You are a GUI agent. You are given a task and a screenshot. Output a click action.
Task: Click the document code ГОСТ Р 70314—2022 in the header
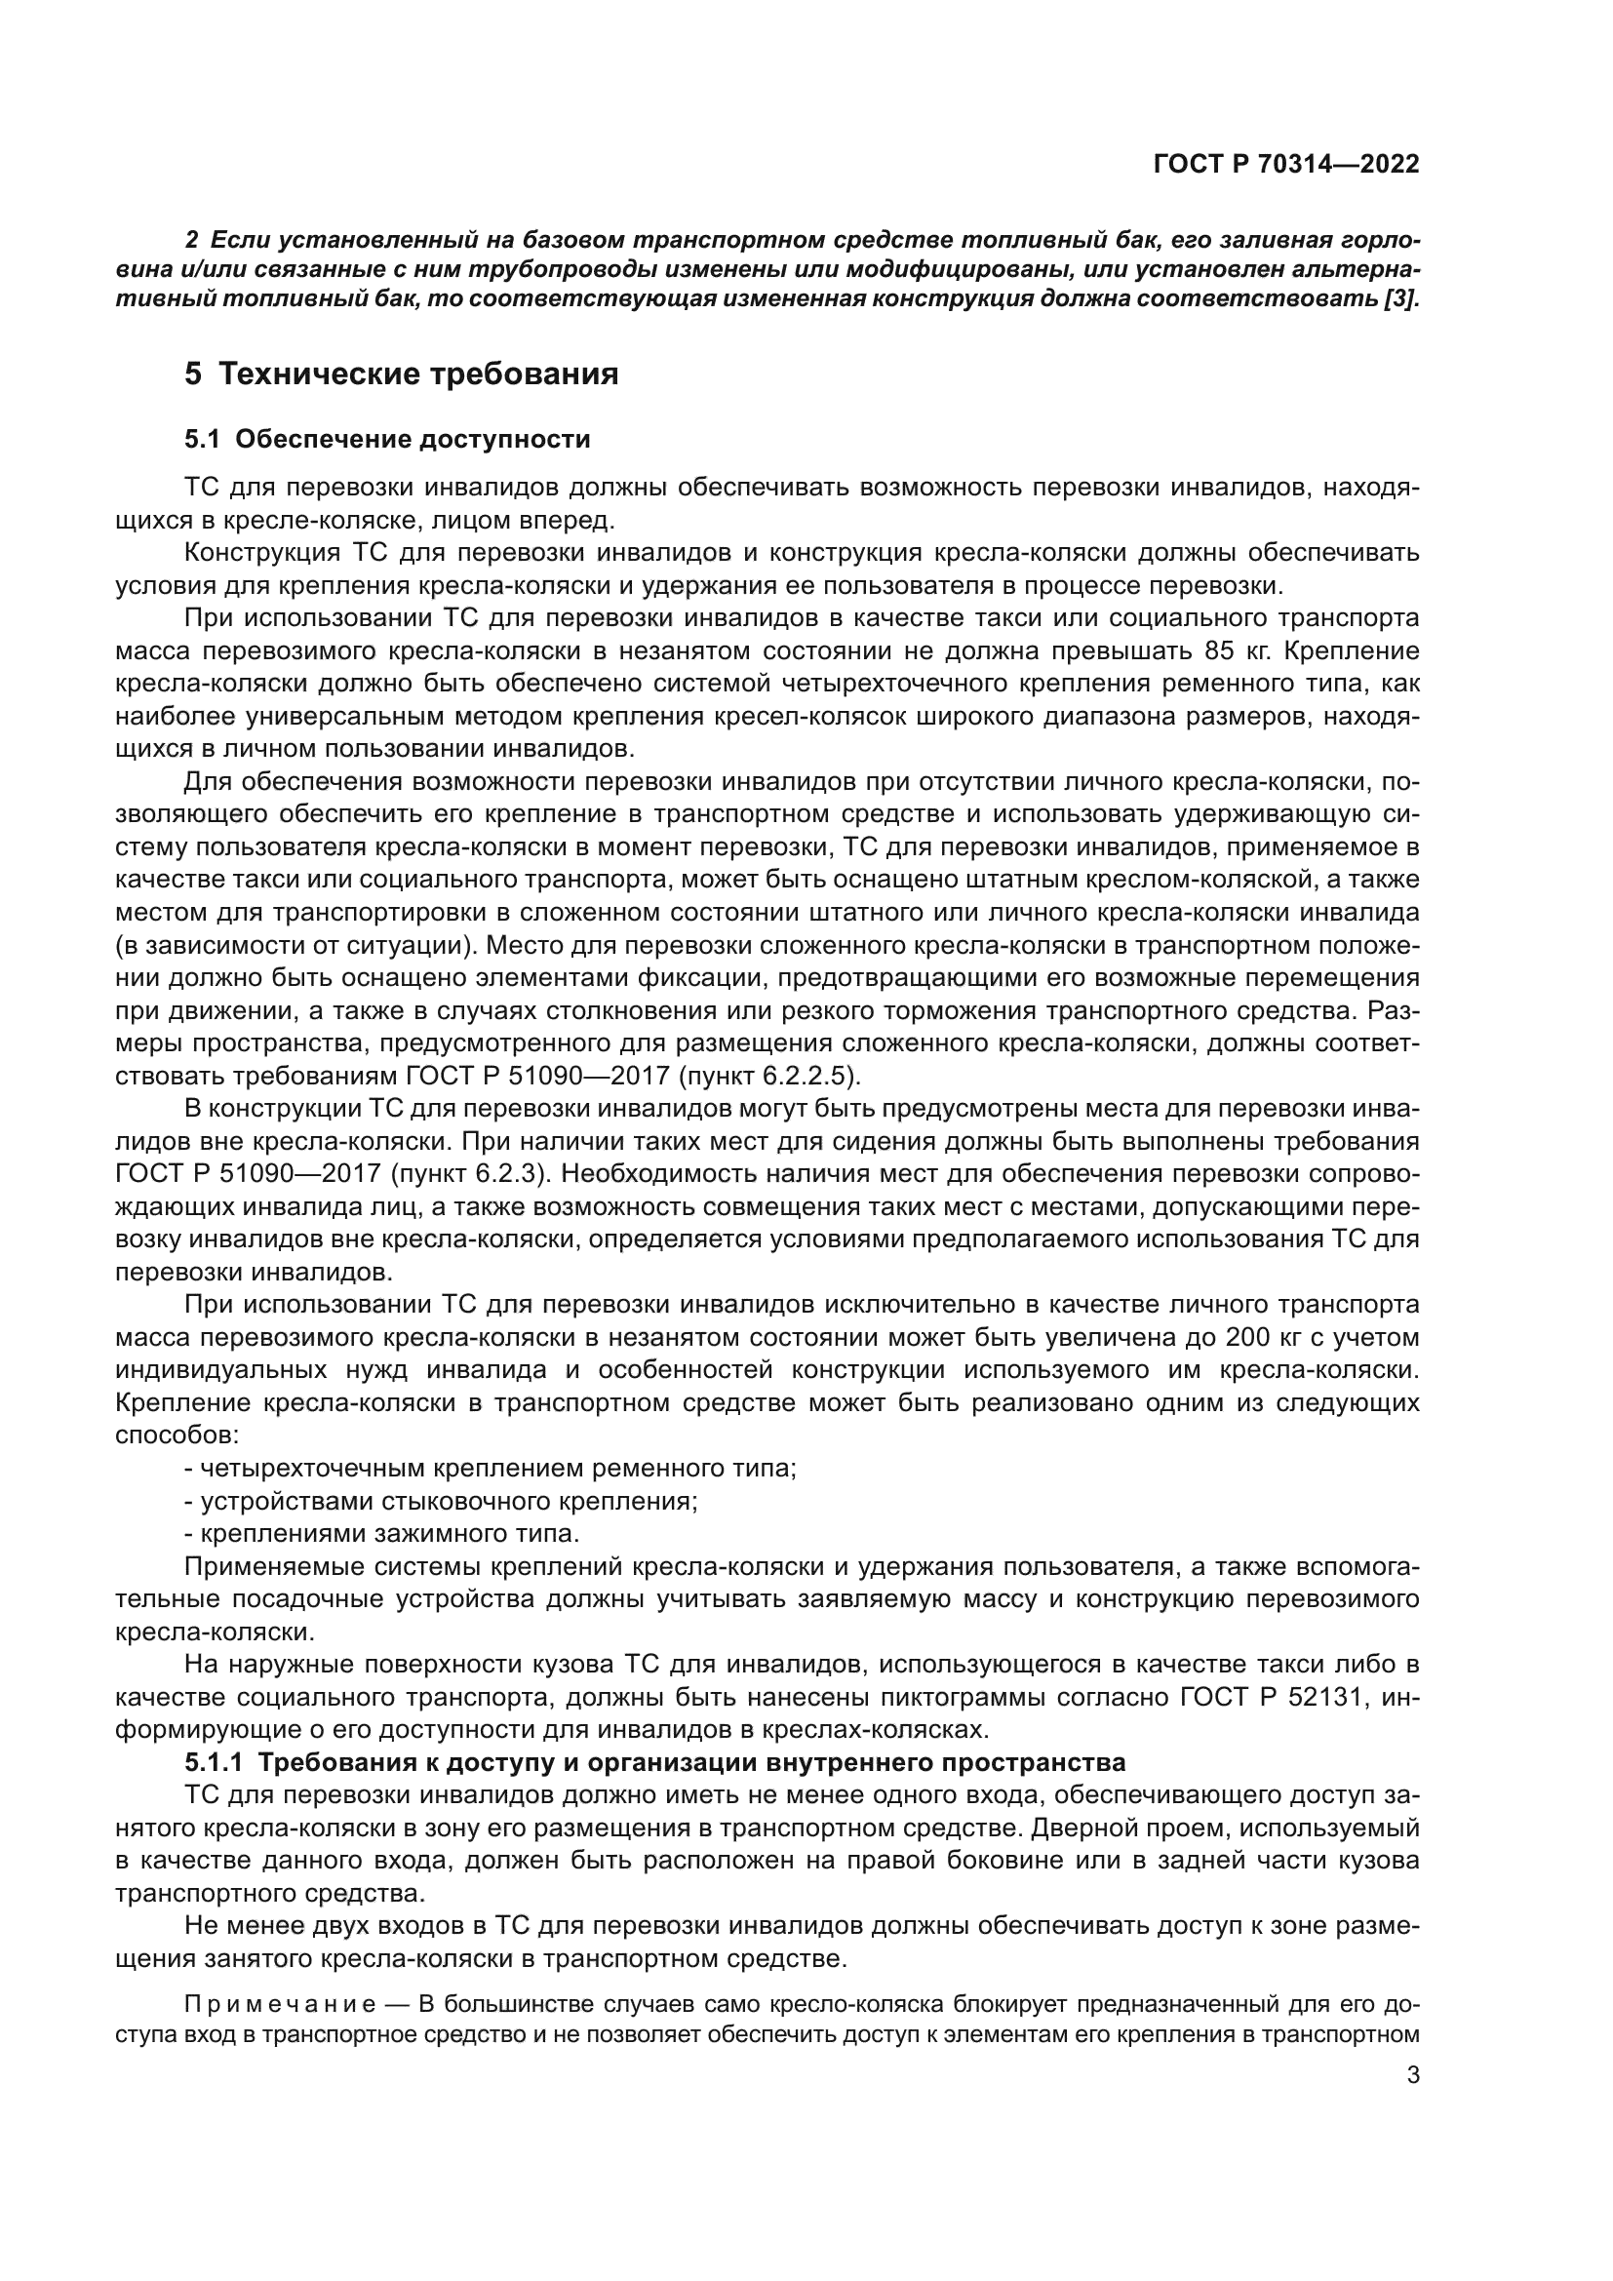[x=1286, y=165]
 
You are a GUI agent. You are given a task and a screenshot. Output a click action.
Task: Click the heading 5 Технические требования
[x=401, y=374]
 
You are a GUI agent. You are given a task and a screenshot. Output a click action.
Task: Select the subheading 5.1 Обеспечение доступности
[x=387, y=439]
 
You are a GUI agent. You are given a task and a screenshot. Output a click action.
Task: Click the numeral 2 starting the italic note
[x=192, y=240]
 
